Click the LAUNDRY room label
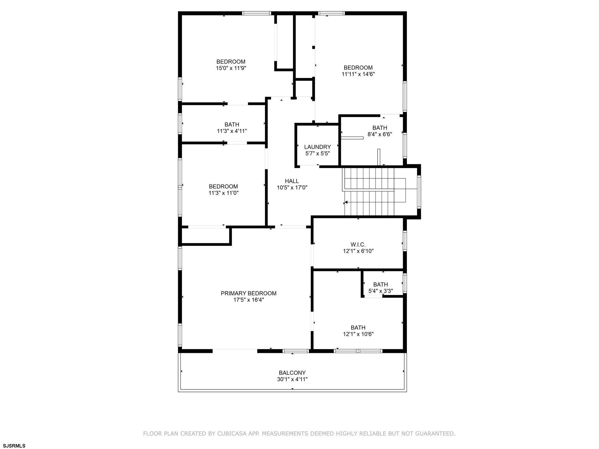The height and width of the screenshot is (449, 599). tap(317, 147)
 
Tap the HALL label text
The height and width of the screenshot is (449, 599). tap(292, 181)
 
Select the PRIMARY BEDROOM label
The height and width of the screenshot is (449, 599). tap(249, 293)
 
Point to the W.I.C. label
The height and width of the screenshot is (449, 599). tap(358, 244)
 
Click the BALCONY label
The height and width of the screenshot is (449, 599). tap(292, 373)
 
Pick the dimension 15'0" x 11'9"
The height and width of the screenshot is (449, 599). tap(231, 68)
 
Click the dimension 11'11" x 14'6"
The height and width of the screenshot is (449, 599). tap(358, 74)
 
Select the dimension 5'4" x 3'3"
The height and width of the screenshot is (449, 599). tap(381, 291)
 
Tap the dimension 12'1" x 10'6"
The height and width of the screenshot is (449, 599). tap(358, 334)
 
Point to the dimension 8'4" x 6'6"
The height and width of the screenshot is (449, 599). tap(380, 134)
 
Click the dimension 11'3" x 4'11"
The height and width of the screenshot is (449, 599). tap(232, 131)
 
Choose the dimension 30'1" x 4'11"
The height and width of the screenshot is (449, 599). tap(292, 379)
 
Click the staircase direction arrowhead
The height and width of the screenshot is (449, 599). tap(345, 202)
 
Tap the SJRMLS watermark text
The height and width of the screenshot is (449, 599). tap(14, 445)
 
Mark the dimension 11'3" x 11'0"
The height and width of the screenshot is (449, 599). tap(224, 193)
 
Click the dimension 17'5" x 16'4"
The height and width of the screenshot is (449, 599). tap(249, 300)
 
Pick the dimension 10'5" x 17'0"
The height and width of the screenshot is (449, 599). tap(292, 187)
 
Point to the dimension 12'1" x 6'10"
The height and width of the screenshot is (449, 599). tap(358, 251)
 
